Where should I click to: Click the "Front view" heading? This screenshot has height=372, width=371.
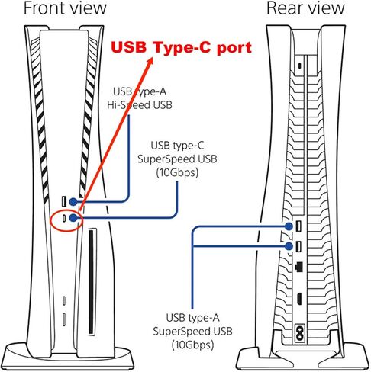click(x=65, y=8)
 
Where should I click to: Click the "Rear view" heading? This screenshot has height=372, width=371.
click(x=305, y=8)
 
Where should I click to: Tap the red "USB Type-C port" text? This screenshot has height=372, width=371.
click(x=182, y=47)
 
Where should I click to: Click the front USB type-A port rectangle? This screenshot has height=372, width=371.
click(x=64, y=201)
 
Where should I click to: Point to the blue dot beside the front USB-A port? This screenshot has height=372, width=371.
click(x=73, y=202)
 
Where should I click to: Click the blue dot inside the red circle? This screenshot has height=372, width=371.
click(x=73, y=218)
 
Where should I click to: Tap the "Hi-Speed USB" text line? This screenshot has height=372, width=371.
click(x=140, y=105)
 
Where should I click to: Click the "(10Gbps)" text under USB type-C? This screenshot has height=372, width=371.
click(x=177, y=172)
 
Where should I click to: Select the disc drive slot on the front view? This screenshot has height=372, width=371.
click(x=91, y=281)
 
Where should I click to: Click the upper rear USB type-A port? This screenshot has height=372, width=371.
click(x=298, y=226)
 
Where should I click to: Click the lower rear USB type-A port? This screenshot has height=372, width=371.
click(x=298, y=246)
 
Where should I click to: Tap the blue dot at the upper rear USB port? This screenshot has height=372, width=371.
click(x=289, y=226)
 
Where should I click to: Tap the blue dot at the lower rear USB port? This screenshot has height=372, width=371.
click(x=289, y=246)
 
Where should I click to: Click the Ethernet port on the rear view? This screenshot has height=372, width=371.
click(x=298, y=267)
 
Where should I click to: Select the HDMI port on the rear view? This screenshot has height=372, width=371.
click(x=299, y=299)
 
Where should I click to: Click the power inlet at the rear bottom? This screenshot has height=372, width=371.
click(x=299, y=333)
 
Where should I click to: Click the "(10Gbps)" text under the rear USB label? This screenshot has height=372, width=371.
click(x=192, y=345)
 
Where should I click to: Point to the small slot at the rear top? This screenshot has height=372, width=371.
click(x=300, y=66)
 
